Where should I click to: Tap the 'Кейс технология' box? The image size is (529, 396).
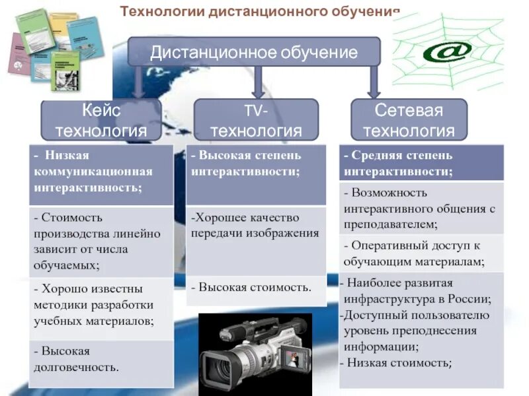pyautogui.click(x=101, y=119)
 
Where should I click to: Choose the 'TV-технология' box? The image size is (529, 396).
pyautogui.click(x=256, y=119)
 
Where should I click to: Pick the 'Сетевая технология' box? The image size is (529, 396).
pyautogui.click(x=409, y=119)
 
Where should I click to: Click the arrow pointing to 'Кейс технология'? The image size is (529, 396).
pyautogui.click(x=139, y=82)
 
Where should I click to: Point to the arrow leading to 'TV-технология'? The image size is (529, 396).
pyautogui.click(x=258, y=82)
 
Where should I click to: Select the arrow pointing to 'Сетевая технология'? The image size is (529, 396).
pyautogui.click(x=374, y=82)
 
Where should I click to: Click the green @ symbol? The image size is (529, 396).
pyautogui.click(x=448, y=51)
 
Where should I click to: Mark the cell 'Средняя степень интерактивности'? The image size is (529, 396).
pyautogui.click(x=421, y=163)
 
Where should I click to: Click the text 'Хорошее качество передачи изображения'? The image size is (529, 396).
pyautogui.click(x=255, y=225)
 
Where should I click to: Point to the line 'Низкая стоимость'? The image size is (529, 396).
pyautogui.click(x=397, y=362)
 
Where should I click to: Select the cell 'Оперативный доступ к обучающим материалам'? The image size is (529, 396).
pyautogui.click(x=421, y=253)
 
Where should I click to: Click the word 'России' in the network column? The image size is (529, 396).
pyautogui.click(x=470, y=298)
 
